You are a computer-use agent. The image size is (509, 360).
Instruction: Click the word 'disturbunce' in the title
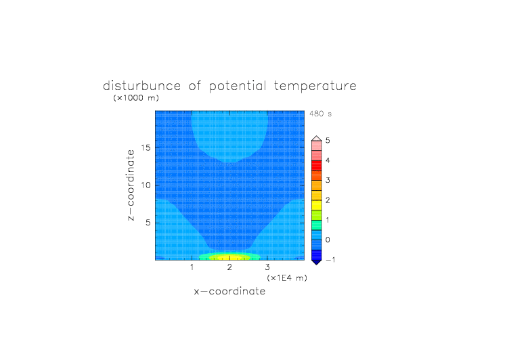tap(141, 86)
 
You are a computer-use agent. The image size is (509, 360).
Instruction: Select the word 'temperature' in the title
tap(315, 87)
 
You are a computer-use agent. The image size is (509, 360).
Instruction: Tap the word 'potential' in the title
tap(238, 87)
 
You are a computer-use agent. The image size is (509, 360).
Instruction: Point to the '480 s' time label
tap(320, 114)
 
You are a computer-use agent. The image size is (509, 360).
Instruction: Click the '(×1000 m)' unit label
tap(136, 97)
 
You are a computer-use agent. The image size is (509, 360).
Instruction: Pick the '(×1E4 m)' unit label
tap(287, 278)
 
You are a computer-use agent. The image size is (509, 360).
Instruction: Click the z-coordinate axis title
tap(131, 185)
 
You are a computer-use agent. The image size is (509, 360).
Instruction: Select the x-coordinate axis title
tap(229, 291)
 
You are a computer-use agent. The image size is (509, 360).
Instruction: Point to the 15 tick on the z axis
tap(146, 148)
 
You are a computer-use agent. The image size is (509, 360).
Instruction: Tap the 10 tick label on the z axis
tap(146, 185)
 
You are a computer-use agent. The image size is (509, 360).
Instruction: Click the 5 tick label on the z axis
tap(148, 223)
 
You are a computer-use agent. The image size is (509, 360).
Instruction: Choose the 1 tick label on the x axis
tap(192, 267)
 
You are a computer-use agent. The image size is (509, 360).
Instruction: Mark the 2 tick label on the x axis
tap(229, 267)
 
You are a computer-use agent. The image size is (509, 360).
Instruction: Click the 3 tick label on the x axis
tap(267, 267)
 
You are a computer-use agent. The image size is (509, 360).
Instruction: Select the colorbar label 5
tap(328, 141)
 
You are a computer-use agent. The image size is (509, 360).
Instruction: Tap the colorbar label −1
tap(330, 260)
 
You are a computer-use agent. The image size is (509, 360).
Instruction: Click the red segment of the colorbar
tap(317, 166)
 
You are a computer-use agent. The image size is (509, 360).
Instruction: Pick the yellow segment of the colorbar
tap(317, 205)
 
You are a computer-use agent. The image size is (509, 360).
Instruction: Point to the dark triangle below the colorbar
tap(317, 263)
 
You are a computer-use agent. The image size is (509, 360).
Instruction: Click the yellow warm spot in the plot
tap(229, 258)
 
